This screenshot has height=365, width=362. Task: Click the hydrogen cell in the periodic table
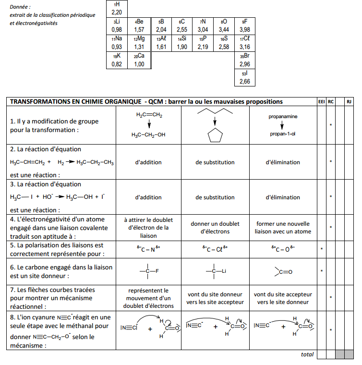click(x=117, y=8)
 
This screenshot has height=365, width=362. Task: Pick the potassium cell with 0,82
click(x=117, y=61)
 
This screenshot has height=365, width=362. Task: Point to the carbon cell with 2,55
click(x=181, y=25)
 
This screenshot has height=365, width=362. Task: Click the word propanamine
click(x=283, y=117)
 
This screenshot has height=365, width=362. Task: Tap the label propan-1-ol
click(x=283, y=134)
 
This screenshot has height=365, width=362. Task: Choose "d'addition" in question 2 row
click(x=148, y=162)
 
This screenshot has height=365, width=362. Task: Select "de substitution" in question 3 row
click(x=215, y=197)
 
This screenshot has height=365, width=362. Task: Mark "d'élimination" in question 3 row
click(x=283, y=197)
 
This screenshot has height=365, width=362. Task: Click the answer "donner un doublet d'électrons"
click(x=215, y=228)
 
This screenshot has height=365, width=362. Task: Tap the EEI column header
click(x=321, y=102)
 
